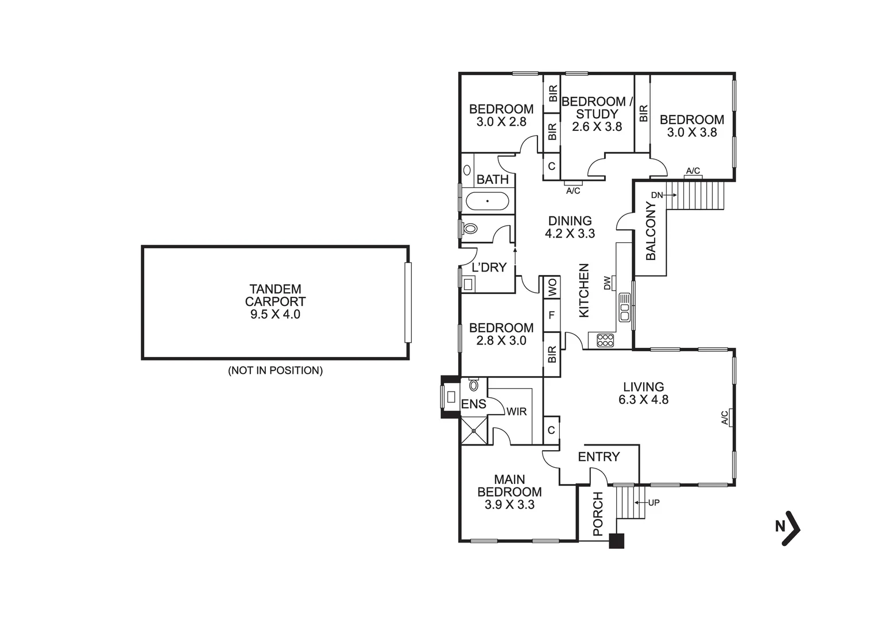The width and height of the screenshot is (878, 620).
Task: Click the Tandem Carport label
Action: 275,296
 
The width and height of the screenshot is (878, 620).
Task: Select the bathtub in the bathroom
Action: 487,201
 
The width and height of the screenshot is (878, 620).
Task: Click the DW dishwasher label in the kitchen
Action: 607,282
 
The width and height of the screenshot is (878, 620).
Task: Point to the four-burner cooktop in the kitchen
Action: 605,340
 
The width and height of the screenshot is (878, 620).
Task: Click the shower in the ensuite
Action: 474,430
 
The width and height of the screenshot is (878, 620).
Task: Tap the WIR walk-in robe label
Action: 516,412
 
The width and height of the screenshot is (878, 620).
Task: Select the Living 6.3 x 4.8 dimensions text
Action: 643,400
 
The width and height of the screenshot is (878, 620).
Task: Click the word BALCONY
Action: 651,231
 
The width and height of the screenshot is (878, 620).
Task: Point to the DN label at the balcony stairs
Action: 656,195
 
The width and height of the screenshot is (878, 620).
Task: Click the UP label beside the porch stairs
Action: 653,503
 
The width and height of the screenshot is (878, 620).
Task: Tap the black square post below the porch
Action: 616,541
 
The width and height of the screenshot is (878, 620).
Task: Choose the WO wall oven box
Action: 552,287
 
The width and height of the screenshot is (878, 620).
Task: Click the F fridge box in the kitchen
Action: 552,315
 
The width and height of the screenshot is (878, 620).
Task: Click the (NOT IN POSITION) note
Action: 275,371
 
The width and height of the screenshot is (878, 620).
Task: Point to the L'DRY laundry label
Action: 489,267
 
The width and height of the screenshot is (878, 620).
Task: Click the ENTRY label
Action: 598,457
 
